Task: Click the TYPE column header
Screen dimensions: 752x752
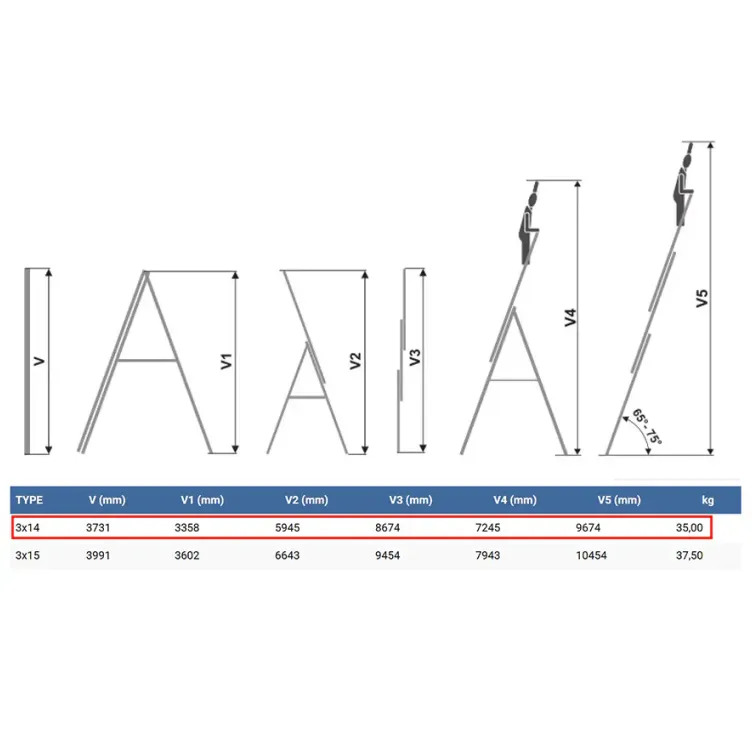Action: coord(29,500)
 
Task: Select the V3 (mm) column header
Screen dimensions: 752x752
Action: coord(411,500)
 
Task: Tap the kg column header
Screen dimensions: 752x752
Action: coord(707,500)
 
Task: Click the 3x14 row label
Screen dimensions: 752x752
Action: coord(27,528)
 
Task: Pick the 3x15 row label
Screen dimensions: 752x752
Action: coord(27,555)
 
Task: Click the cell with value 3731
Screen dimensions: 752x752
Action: coord(98,528)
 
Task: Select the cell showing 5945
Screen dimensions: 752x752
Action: coord(287,528)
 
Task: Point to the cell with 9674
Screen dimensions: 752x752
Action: coord(588,528)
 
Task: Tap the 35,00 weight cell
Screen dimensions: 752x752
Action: coord(689,528)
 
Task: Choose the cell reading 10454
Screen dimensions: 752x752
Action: coord(591,555)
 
